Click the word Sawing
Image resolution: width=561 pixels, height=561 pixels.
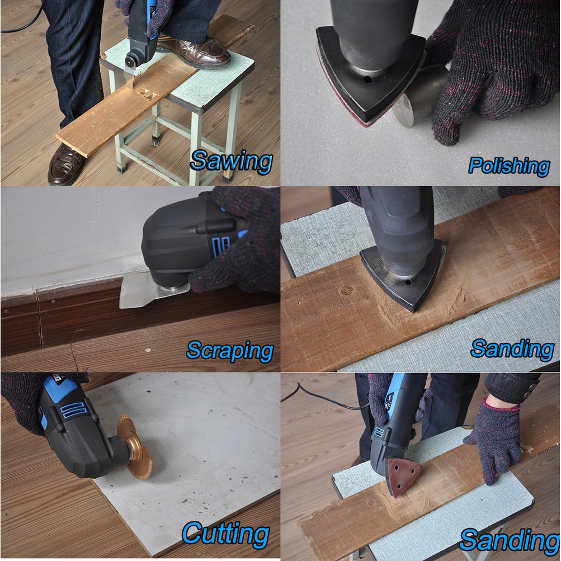click(231, 162)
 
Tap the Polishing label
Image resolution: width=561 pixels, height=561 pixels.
click(509, 166)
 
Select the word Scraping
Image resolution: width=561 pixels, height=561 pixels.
click(230, 351)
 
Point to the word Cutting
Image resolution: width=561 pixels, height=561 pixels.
click(225, 535)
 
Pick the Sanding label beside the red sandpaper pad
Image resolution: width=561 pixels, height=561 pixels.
click(509, 540)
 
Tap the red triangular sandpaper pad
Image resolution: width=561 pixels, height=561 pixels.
click(403, 477)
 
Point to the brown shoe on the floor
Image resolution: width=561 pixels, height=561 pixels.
click(65, 164)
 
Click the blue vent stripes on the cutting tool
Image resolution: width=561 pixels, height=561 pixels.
click(74, 409)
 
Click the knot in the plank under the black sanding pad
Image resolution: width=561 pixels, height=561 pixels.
click(346, 290)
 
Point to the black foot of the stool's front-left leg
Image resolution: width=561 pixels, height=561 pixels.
click(121, 167)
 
